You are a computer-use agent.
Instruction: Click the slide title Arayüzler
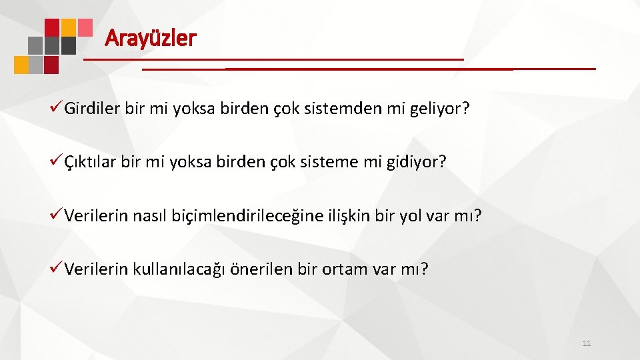coord(151,38)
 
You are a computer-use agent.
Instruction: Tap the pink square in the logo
coord(85,27)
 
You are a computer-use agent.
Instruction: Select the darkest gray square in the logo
coord(69,45)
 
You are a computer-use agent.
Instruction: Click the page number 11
coord(587,343)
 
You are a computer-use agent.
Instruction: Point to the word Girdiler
coord(93,109)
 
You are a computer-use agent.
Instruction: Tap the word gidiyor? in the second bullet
coord(417,162)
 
